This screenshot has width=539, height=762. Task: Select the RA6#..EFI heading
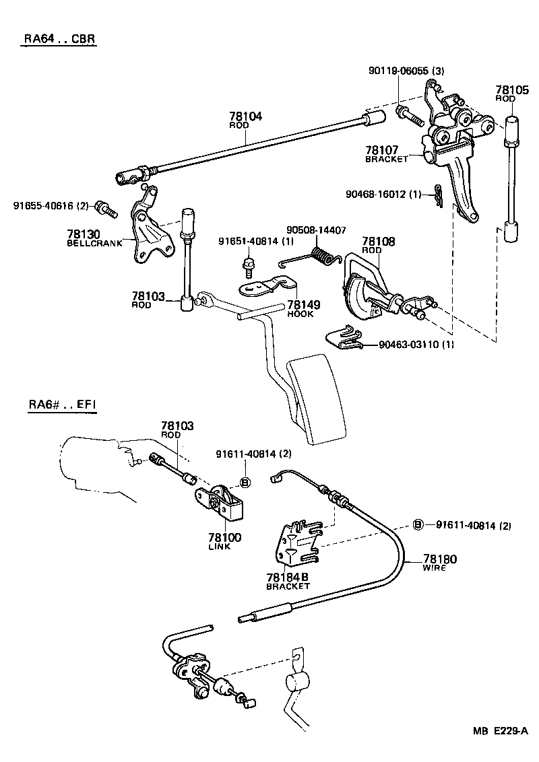tap(62, 405)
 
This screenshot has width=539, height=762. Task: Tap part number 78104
tap(245, 116)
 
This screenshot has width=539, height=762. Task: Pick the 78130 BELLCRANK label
tap(94, 237)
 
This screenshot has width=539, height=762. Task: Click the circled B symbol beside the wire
tap(418, 525)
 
